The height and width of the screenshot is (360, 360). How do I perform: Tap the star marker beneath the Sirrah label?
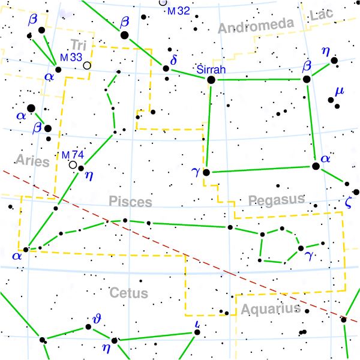(211, 79)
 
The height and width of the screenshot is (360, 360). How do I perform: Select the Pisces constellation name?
(130, 202)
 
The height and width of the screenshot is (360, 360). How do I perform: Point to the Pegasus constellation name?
(277, 199)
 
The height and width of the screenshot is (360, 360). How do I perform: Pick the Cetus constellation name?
(128, 293)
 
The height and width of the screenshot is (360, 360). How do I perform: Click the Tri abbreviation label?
(77, 44)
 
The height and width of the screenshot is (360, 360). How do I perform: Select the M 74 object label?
(73, 155)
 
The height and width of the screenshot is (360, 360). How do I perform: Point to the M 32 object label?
(179, 11)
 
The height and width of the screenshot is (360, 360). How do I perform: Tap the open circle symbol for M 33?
(88, 65)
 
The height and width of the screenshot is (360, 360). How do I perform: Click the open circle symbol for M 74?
(73, 164)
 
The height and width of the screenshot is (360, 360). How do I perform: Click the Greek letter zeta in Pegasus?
(349, 202)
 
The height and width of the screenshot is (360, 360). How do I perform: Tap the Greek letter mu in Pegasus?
(340, 92)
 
